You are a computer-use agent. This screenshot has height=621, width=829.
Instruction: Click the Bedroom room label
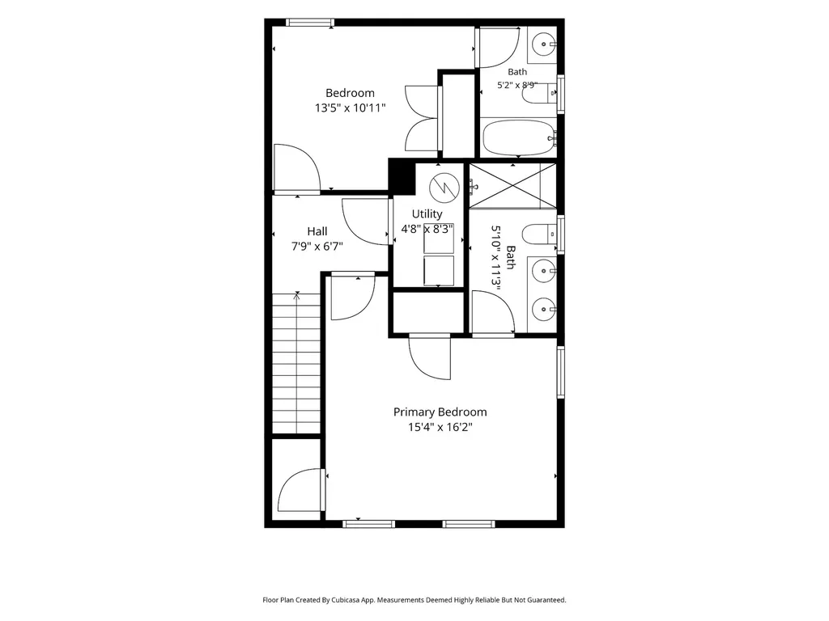pyautogui.click(x=350, y=93)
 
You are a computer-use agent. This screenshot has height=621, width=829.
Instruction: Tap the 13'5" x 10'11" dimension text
pyautogui.click(x=350, y=108)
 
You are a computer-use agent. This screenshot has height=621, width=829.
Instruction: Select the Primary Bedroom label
pyautogui.click(x=440, y=412)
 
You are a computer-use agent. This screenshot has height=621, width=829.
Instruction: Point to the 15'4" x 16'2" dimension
pyautogui.click(x=440, y=427)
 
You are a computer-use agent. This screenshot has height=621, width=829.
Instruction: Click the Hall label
pyautogui.click(x=317, y=231)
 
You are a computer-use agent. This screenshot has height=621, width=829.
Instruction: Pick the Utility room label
pyautogui.click(x=427, y=213)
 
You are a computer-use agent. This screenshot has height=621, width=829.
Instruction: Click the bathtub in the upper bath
pyautogui.click(x=519, y=137)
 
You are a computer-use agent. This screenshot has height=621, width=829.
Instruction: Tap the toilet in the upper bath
pyautogui.click(x=539, y=94)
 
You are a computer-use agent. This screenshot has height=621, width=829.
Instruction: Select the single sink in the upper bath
pyautogui.click(x=543, y=44)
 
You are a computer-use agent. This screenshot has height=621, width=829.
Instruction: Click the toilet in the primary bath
pyautogui.click(x=539, y=234)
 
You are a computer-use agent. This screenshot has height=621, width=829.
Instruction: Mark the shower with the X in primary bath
pyautogui.click(x=512, y=185)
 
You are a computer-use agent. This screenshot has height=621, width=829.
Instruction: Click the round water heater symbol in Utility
pyautogui.click(x=444, y=188)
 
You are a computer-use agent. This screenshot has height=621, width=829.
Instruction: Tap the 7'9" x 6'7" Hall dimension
pyautogui.click(x=317, y=247)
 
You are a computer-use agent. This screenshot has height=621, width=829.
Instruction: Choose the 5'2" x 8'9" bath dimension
pyautogui.click(x=517, y=85)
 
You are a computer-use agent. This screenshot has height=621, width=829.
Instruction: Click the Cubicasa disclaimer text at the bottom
pyautogui.click(x=414, y=600)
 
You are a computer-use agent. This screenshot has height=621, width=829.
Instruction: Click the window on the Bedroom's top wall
pyautogui.click(x=310, y=23)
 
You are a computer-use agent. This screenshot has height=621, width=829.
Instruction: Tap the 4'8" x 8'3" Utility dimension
pyautogui.click(x=427, y=229)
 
